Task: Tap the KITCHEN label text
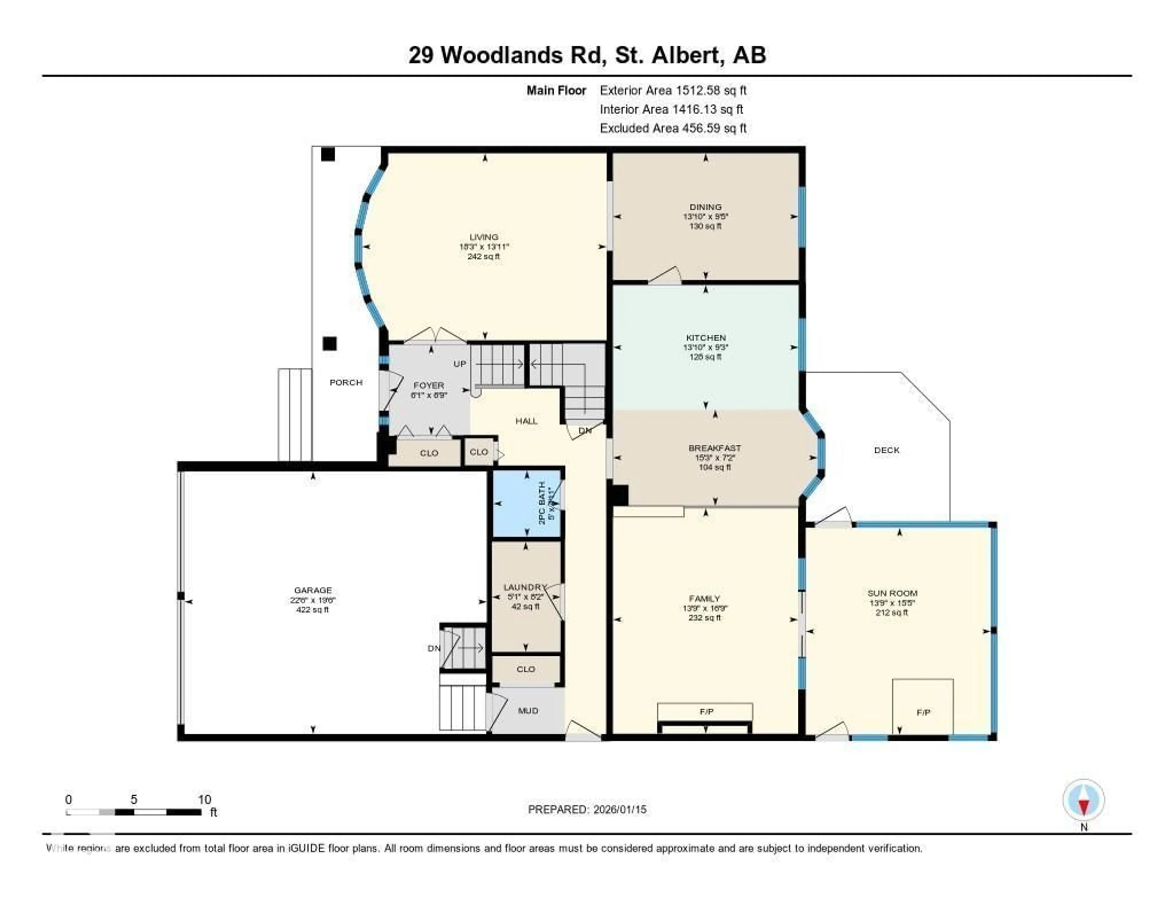point(705,338)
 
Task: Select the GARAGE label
point(312,590)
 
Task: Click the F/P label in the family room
point(706,711)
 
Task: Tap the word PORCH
point(346,382)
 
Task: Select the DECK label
point(886,450)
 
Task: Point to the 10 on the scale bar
point(204,799)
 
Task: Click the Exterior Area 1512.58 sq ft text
point(673,90)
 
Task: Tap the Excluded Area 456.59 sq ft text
point(673,128)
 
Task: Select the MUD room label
point(528,711)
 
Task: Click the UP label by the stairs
point(460,364)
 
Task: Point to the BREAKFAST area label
point(714,448)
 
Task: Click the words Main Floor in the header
point(556,90)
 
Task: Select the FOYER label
point(428,386)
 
